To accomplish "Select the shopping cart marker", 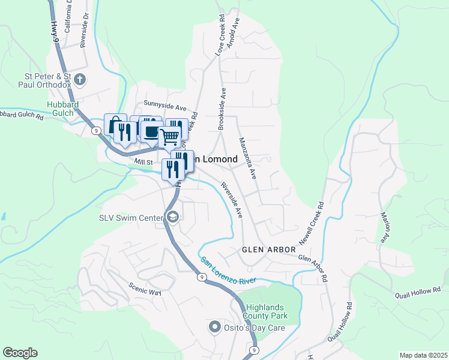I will click(170, 136).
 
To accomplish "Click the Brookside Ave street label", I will click(223, 108).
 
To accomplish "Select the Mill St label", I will click(144, 162).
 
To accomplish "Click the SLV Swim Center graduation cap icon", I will click(172, 217).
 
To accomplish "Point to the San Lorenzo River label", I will click(228, 271).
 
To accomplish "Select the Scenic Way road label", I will click(145, 288).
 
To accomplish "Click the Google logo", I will click(20, 353).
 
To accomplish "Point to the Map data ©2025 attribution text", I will click(423, 355).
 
